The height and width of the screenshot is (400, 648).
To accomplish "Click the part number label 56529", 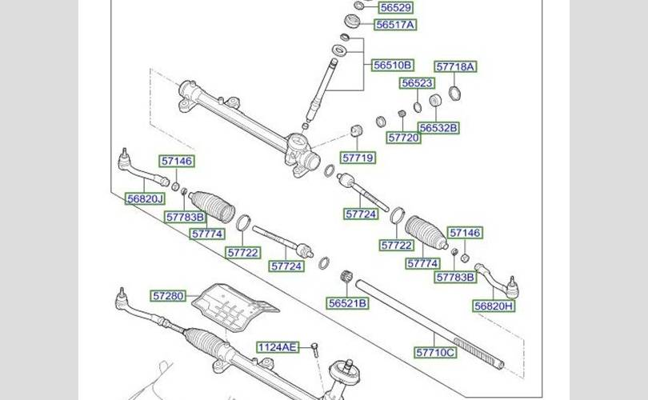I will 395,7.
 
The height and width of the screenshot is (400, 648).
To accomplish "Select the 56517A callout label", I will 395,25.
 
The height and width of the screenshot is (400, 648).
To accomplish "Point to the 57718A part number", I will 455,67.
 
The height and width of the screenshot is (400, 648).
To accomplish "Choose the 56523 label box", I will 418,83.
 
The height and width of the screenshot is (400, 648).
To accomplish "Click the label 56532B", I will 439,127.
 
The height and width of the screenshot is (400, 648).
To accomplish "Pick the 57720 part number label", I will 403,138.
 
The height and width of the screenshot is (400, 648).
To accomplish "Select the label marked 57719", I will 358,158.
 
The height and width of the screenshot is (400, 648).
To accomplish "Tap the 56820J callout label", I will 144,198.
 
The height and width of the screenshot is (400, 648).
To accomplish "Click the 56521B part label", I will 347,303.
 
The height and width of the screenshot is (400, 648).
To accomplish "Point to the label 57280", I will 170,296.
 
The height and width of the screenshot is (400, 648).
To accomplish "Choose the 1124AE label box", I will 277,347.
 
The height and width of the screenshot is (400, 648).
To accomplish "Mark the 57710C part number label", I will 435,352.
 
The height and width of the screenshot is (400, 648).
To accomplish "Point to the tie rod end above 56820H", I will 498,277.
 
